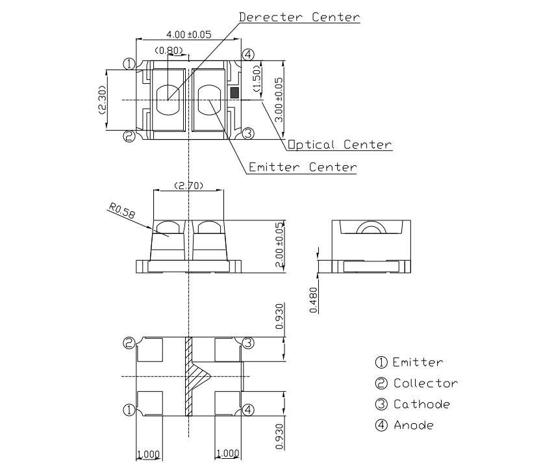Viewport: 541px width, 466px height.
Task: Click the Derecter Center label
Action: pyautogui.click(x=299, y=18)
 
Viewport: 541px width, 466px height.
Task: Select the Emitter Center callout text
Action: pyautogui.click(x=303, y=167)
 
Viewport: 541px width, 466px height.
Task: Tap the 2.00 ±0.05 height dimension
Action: pyautogui.click(x=279, y=245)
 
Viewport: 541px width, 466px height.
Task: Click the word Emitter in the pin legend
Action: pyautogui.click(x=418, y=363)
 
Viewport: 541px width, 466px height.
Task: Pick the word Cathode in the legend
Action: pyautogui.click(x=421, y=404)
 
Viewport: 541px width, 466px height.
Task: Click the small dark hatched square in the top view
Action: pyautogui.click(x=234, y=93)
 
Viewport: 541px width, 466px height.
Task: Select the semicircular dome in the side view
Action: pyautogui.click(x=371, y=229)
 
